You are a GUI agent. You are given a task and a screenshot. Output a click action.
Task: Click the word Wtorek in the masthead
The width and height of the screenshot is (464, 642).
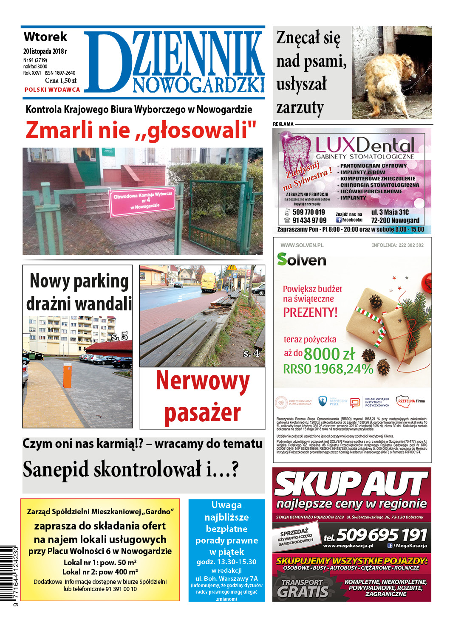click(x=45, y=37)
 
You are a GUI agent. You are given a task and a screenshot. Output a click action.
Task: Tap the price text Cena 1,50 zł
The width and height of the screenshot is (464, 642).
click(x=61, y=81)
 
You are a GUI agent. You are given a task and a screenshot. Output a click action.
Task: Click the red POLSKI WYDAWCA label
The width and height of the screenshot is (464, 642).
click(x=52, y=90)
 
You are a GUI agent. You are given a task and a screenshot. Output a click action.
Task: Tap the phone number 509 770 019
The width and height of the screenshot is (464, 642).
click(x=308, y=212)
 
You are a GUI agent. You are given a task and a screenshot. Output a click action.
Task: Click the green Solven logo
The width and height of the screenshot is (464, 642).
click(x=301, y=259)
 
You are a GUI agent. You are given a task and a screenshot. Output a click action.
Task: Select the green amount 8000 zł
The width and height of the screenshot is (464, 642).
click(x=329, y=354)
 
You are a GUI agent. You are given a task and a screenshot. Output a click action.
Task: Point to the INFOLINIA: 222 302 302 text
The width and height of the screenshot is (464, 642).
click(x=397, y=245)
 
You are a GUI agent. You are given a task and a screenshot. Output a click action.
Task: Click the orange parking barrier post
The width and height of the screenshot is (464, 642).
click(x=67, y=375)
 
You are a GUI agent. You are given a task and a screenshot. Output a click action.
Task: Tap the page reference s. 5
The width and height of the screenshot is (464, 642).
click(x=119, y=337)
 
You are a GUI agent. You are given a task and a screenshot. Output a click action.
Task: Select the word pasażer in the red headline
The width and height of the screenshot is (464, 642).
click(x=202, y=413)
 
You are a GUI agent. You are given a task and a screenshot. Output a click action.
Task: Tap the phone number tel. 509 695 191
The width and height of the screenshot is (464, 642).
click(x=375, y=535)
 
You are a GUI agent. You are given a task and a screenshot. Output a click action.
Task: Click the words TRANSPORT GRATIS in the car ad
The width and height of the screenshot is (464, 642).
click(x=303, y=588)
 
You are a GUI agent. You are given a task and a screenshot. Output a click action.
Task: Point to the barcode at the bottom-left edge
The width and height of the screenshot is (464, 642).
click(x=9, y=574)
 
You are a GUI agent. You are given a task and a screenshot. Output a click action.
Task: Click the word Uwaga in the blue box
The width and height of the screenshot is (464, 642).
click(x=226, y=505)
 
